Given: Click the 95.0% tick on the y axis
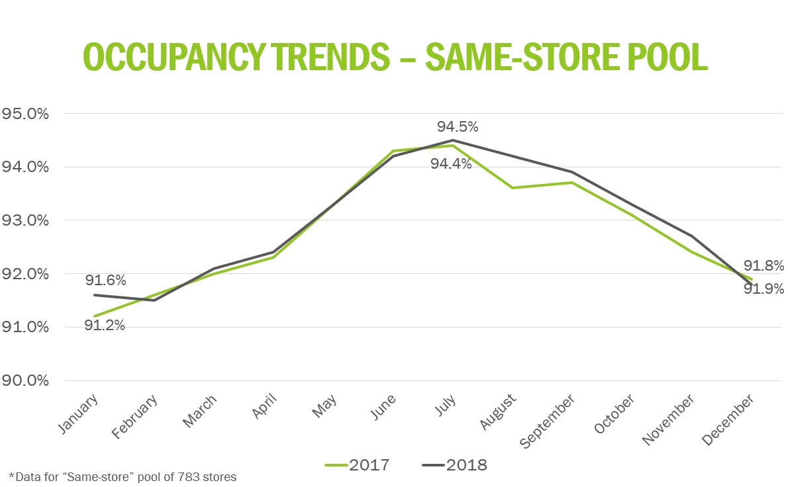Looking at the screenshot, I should pos(25,113).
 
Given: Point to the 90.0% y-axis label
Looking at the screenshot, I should pos(25,380).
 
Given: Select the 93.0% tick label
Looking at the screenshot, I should pos(25,220).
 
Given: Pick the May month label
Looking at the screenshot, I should pos(324,405).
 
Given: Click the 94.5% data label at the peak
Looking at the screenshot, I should pos(457,126).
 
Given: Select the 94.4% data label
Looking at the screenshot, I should pos(451,163).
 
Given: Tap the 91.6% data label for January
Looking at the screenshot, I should pos(105,281).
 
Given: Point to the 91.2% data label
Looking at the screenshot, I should pos(105,325).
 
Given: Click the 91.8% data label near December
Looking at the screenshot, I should pos(763,266).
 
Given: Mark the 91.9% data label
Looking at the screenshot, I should pos(763,288).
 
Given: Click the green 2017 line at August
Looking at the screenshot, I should pos(511,188).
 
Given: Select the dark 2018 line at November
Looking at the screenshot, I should pos(691,236).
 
